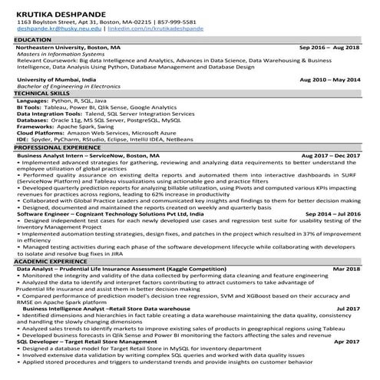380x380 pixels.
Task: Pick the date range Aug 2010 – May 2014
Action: click(328, 79)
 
